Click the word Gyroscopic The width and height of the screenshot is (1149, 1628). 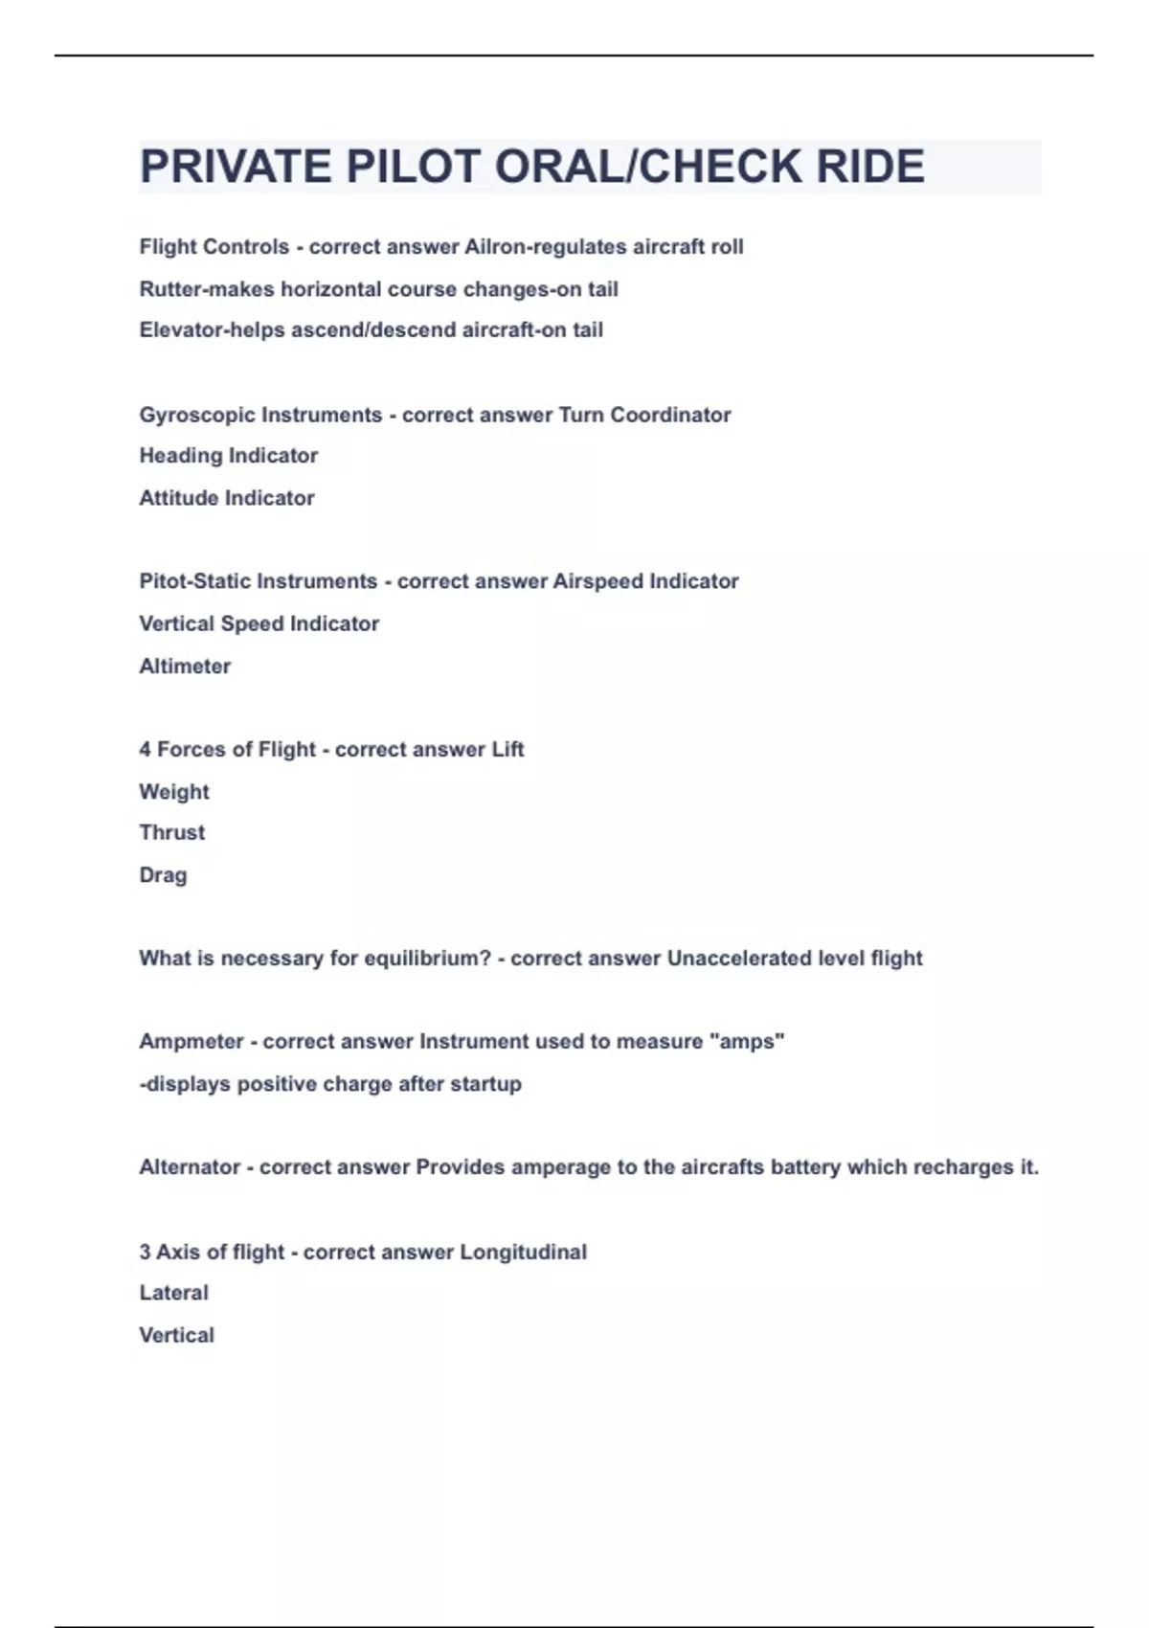pos(196,416)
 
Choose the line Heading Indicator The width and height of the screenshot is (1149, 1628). pos(228,456)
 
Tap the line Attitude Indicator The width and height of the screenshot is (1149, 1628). pos(227,498)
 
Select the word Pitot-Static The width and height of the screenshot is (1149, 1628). pos(195,581)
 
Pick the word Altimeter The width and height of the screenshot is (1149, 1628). pos(185,667)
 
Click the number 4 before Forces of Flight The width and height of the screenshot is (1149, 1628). pos(145,750)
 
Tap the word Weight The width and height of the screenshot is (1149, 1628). pos(174,792)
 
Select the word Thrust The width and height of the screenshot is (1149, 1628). pos(172,833)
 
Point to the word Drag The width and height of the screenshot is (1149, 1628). pos(163,875)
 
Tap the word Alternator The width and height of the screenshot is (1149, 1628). pos(190,1167)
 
